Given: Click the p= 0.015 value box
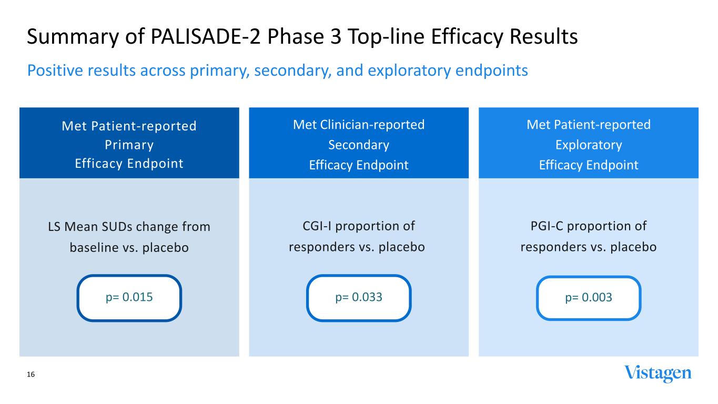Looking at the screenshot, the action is (x=129, y=298).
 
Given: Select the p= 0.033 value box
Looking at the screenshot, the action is (x=359, y=298).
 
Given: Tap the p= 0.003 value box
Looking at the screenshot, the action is (x=589, y=298).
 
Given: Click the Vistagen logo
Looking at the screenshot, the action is (x=658, y=373).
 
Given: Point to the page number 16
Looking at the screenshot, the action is (x=31, y=375).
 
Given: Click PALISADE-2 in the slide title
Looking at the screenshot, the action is (x=206, y=36).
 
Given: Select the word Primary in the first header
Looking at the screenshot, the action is (x=129, y=145).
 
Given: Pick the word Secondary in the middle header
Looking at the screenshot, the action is (x=359, y=145).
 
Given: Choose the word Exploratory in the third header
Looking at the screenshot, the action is (x=589, y=145).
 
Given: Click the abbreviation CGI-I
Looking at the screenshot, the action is (x=317, y=226).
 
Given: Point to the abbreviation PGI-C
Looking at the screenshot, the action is (x=547, y=226).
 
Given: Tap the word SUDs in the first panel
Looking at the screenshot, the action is (x=117, y=227).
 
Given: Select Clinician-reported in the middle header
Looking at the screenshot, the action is (x=372, y=125).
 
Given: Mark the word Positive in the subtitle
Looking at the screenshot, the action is (x=55, y=70).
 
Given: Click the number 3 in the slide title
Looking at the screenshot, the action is (x=336, y=36).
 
